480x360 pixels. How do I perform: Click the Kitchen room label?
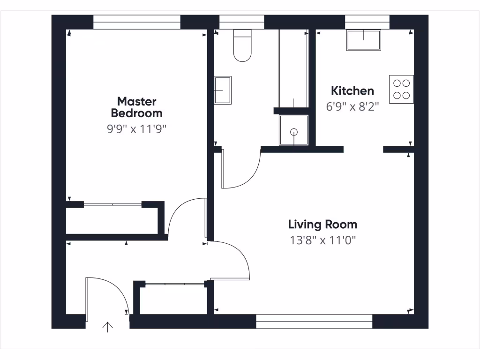tap(352, 91)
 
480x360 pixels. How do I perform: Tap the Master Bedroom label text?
tap(136, 107)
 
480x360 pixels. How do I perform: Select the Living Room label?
tap(322, 225)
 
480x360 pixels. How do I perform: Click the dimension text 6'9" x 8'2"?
tap(352, 106)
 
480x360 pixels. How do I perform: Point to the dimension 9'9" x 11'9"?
tap(136, 129)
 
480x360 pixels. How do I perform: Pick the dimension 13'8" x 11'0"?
tap(323, 241)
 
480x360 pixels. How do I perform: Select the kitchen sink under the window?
tap(364, 40)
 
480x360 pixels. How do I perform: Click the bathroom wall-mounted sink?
tap(222, 90)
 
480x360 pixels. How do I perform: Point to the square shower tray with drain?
tap(294, 130)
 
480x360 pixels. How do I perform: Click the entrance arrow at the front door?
tap(108, 327)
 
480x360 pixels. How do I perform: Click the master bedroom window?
tap(136, 22)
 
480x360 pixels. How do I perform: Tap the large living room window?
tap(314, 321)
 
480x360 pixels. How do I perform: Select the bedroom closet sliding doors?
tap(112, 204)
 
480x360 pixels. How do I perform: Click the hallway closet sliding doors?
tap(174, 284)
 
